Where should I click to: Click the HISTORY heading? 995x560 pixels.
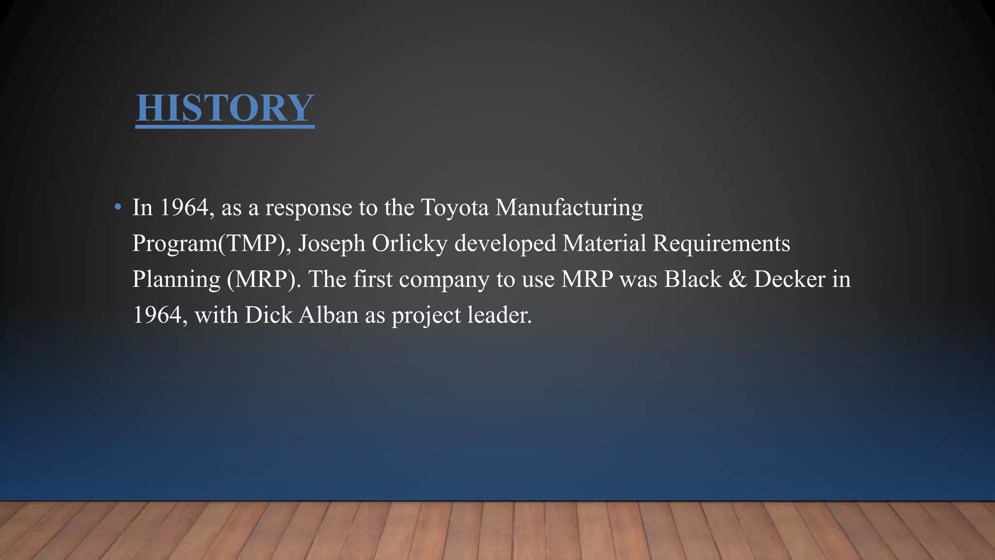(225, 108)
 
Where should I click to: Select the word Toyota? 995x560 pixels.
(455, 208)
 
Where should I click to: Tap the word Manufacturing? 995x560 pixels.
(569, 208)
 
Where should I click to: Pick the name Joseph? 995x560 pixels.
(331, 244)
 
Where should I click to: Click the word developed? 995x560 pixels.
(505, 244)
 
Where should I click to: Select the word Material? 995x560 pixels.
(604, 244)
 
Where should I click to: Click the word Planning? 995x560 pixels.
(176, 280)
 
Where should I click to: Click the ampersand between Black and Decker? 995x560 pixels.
(738, 280)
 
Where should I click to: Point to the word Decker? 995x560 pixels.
(789, 280)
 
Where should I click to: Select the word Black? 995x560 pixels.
(693, 280)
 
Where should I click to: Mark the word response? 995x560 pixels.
(309, 209)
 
